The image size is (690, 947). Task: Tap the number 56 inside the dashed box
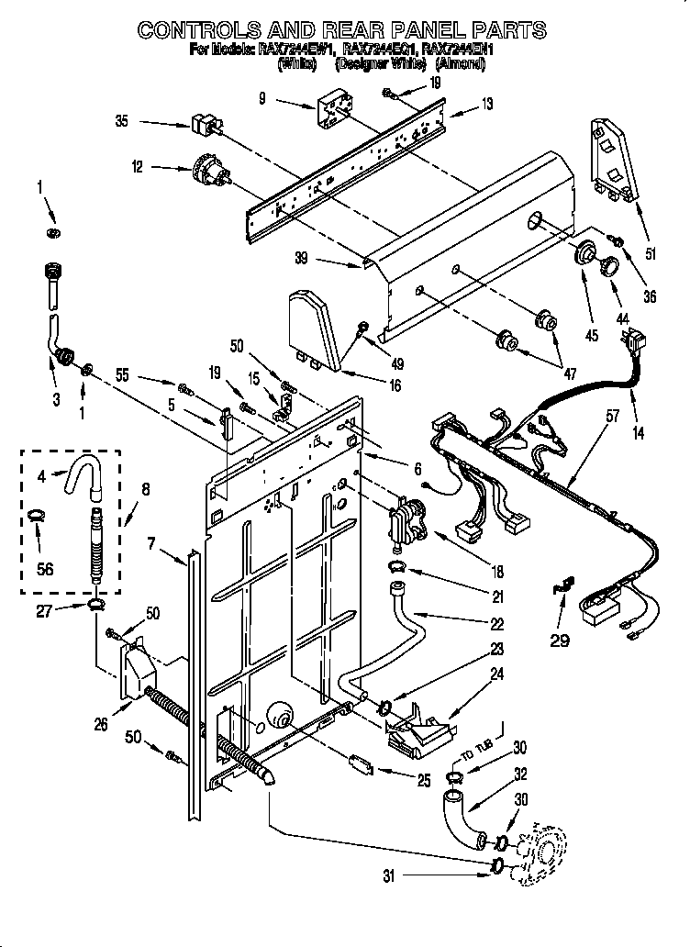point(44,569)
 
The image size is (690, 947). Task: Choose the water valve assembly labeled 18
point(407,527)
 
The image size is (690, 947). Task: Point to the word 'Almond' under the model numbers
point(464,65)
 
